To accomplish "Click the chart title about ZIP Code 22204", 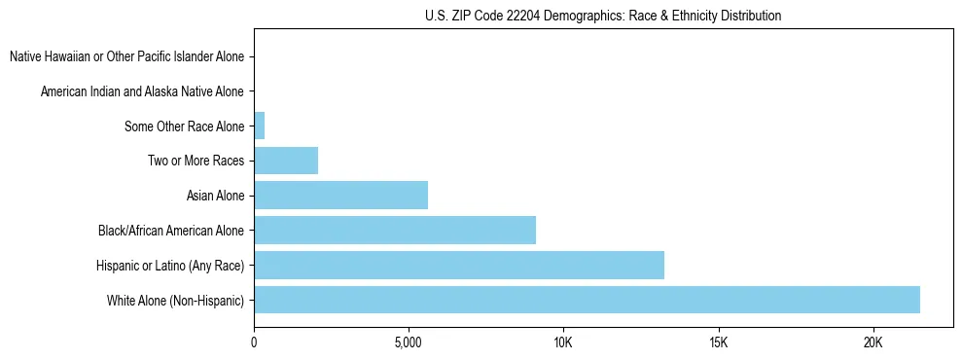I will coord(603,17).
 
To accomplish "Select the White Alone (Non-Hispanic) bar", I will coord(587,300).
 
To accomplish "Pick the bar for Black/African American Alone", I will coord(395,231).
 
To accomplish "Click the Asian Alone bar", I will coord(340,196).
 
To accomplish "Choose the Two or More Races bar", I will coord(286,161).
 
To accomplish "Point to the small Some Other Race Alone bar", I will coord(259,126).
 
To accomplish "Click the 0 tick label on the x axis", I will coord(254,342).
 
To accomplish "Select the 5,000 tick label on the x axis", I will coord(409,342).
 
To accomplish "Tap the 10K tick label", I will coord(563,342).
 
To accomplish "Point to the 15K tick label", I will coord(718,342).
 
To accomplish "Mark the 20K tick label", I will coord(873,342).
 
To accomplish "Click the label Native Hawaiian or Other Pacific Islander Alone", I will coord(127,56).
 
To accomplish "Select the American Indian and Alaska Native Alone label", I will coord(143,91).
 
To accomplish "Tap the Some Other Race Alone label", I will coord(185,126).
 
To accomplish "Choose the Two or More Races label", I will coord(196,161).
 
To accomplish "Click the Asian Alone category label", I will coord(216,196).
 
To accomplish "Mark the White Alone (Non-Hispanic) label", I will coord(176,301).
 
